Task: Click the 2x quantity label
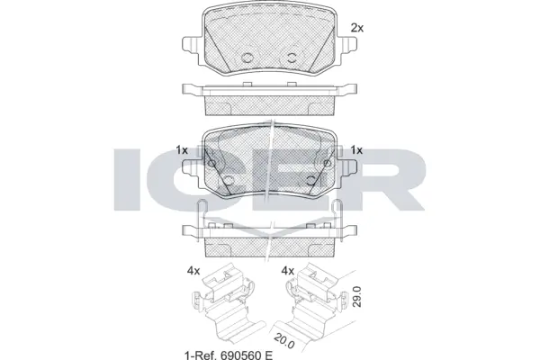tap(356, 28)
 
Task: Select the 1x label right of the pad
tap(356, 149)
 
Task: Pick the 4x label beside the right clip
tap(289, 270)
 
